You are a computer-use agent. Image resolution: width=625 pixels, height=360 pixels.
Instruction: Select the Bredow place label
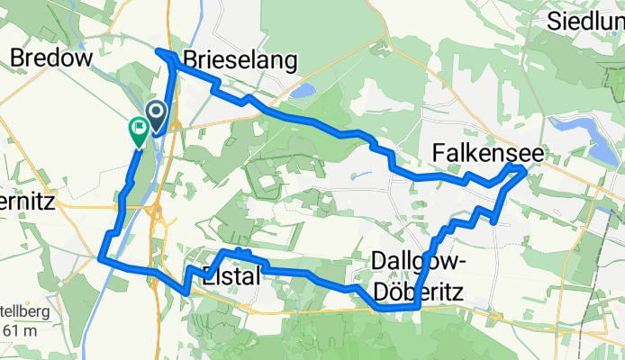50,58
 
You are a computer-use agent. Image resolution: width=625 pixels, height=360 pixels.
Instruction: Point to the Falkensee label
486,154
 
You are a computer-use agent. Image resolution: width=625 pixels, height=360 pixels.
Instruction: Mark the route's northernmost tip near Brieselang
160,51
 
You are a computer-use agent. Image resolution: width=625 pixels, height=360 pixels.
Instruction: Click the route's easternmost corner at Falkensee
524,167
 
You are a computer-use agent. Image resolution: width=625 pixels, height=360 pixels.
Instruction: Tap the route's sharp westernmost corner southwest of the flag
99,258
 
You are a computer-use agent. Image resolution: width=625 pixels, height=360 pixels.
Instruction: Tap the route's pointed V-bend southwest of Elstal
186,290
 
